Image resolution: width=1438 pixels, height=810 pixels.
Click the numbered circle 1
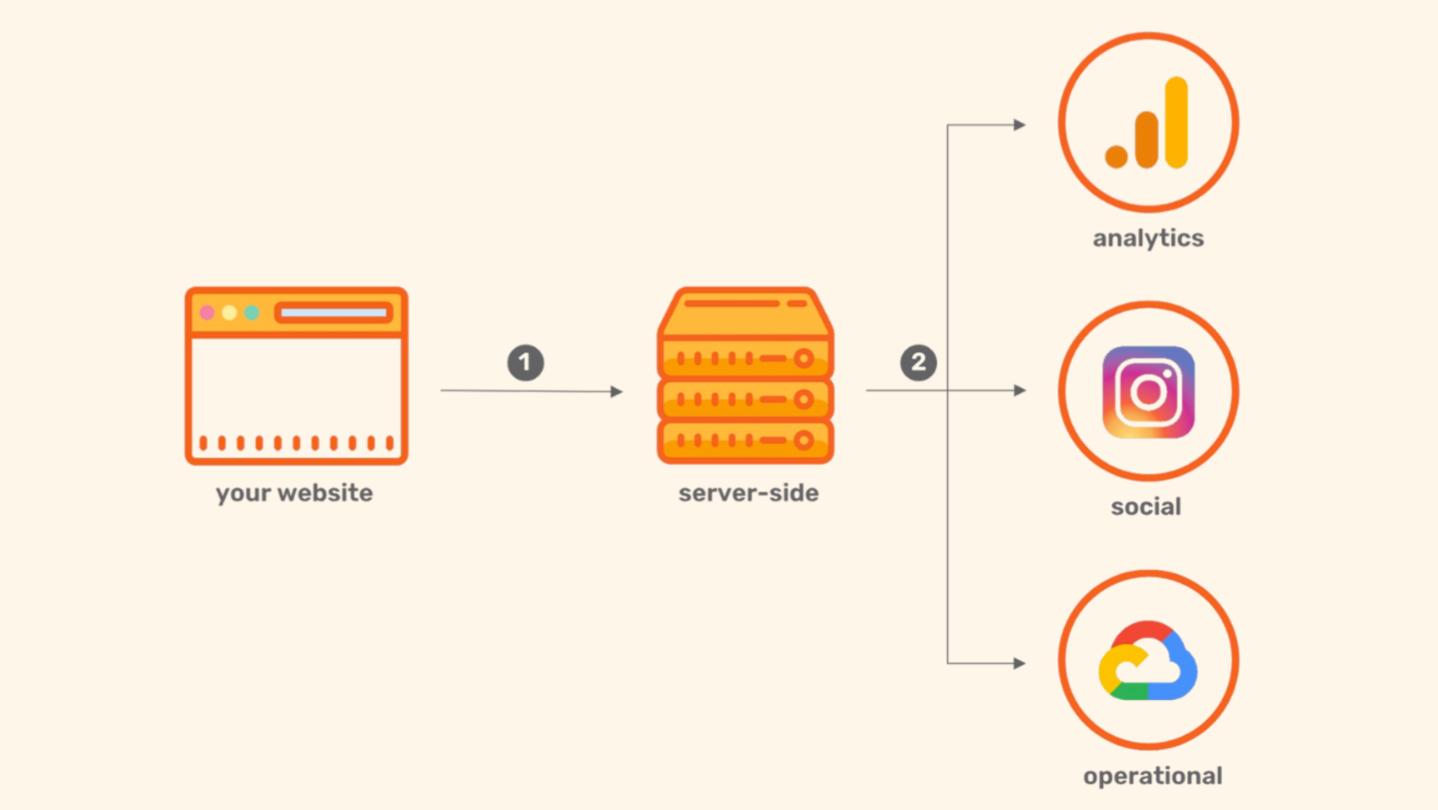(525, 362)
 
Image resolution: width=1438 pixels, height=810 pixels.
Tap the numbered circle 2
(918, 362)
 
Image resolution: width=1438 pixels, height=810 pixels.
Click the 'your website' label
(294, 493)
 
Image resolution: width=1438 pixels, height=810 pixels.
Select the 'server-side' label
(748, 493)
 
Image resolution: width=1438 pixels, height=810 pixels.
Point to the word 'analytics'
(1148, 238)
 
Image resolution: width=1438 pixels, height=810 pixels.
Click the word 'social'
(1146, 507)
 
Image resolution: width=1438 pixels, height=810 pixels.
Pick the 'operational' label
(1153, 776)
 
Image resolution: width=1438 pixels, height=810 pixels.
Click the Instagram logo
(1148, 392)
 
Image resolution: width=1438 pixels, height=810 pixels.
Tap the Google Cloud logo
(1147, 662)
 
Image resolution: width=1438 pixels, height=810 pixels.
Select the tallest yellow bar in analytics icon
(1177, 122)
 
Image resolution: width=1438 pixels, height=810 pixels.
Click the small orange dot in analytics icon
(1116, 156)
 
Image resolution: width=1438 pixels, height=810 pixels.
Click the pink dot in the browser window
(207, 312)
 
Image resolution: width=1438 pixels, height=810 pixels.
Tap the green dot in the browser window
(252, 312)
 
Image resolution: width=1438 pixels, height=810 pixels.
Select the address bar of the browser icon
(334, 312)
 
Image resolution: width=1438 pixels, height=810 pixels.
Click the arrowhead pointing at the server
(616, 392)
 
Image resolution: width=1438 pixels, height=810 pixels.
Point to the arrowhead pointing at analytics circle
(1019, 125)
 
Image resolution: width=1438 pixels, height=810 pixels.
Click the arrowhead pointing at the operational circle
(1019, 663)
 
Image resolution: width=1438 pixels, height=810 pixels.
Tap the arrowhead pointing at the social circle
(1019, 390)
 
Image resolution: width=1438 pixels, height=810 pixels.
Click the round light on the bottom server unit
(804, 440)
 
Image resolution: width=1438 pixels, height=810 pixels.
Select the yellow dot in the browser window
(229, 312)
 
